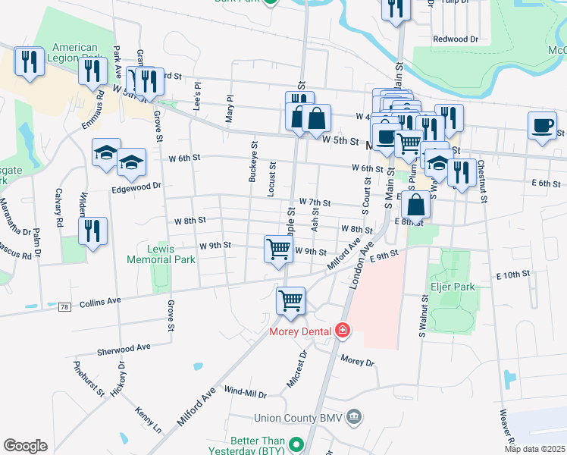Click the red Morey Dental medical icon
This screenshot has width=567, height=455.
pos(343,331)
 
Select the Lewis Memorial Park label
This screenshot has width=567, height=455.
pos(171,254)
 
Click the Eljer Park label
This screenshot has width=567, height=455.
pos(447,287)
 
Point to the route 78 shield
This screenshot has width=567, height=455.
pos(66,306)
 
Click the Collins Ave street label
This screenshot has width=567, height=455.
pos(100,301)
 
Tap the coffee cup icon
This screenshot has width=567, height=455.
pos(543,126)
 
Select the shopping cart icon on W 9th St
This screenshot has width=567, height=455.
pos(278,248)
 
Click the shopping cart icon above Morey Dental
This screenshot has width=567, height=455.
pos(290,300)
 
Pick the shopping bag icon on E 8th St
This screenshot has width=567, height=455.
pos(416,204)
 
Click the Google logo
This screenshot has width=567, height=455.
pos(25,445)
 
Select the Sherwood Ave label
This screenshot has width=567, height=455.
pos(124,349)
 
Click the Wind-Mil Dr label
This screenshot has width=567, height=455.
pos(246,392)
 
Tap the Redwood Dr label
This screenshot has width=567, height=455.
pos(456,39)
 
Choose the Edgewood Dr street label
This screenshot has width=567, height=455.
pos(136,185)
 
